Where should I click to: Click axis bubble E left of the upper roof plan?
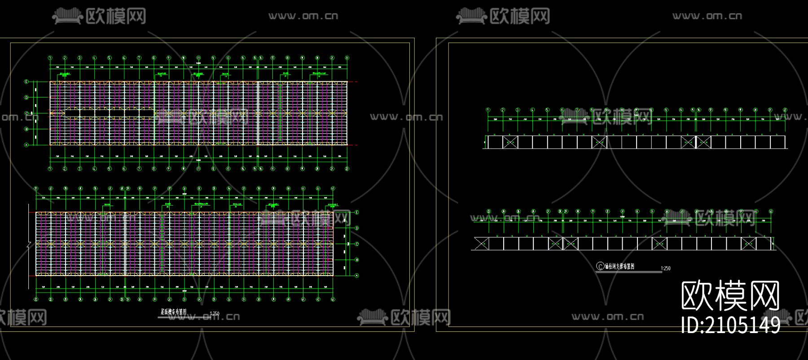click(x=26, y=82)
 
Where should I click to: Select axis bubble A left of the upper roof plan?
click(x=26, y=145)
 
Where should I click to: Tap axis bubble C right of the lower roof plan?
click(x=357, y=244)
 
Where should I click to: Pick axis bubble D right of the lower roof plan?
click(x=357, y=228)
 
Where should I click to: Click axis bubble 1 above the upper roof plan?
click(x=50, y=58)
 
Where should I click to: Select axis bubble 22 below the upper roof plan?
click(x=347, y=169)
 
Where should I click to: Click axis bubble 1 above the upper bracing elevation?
click(x=488, y=110)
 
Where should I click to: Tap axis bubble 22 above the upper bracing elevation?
click(x=785, y=110)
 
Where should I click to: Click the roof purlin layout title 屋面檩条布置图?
click(x=173, y=311)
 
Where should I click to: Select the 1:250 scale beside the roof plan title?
click(x=215, y=313)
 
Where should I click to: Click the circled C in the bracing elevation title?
click(x=600, y=266)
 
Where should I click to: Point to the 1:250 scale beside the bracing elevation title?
click(x=666, y=268)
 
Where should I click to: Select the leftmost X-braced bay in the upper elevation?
click(x=510, y=142)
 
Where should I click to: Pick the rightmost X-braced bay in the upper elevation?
click(x=703, y=142)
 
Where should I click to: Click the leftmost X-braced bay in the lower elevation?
click(x=481, y=244)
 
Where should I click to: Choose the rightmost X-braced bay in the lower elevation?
click(x=748, y=244)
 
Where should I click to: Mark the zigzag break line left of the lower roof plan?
click(x=30, y=245)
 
